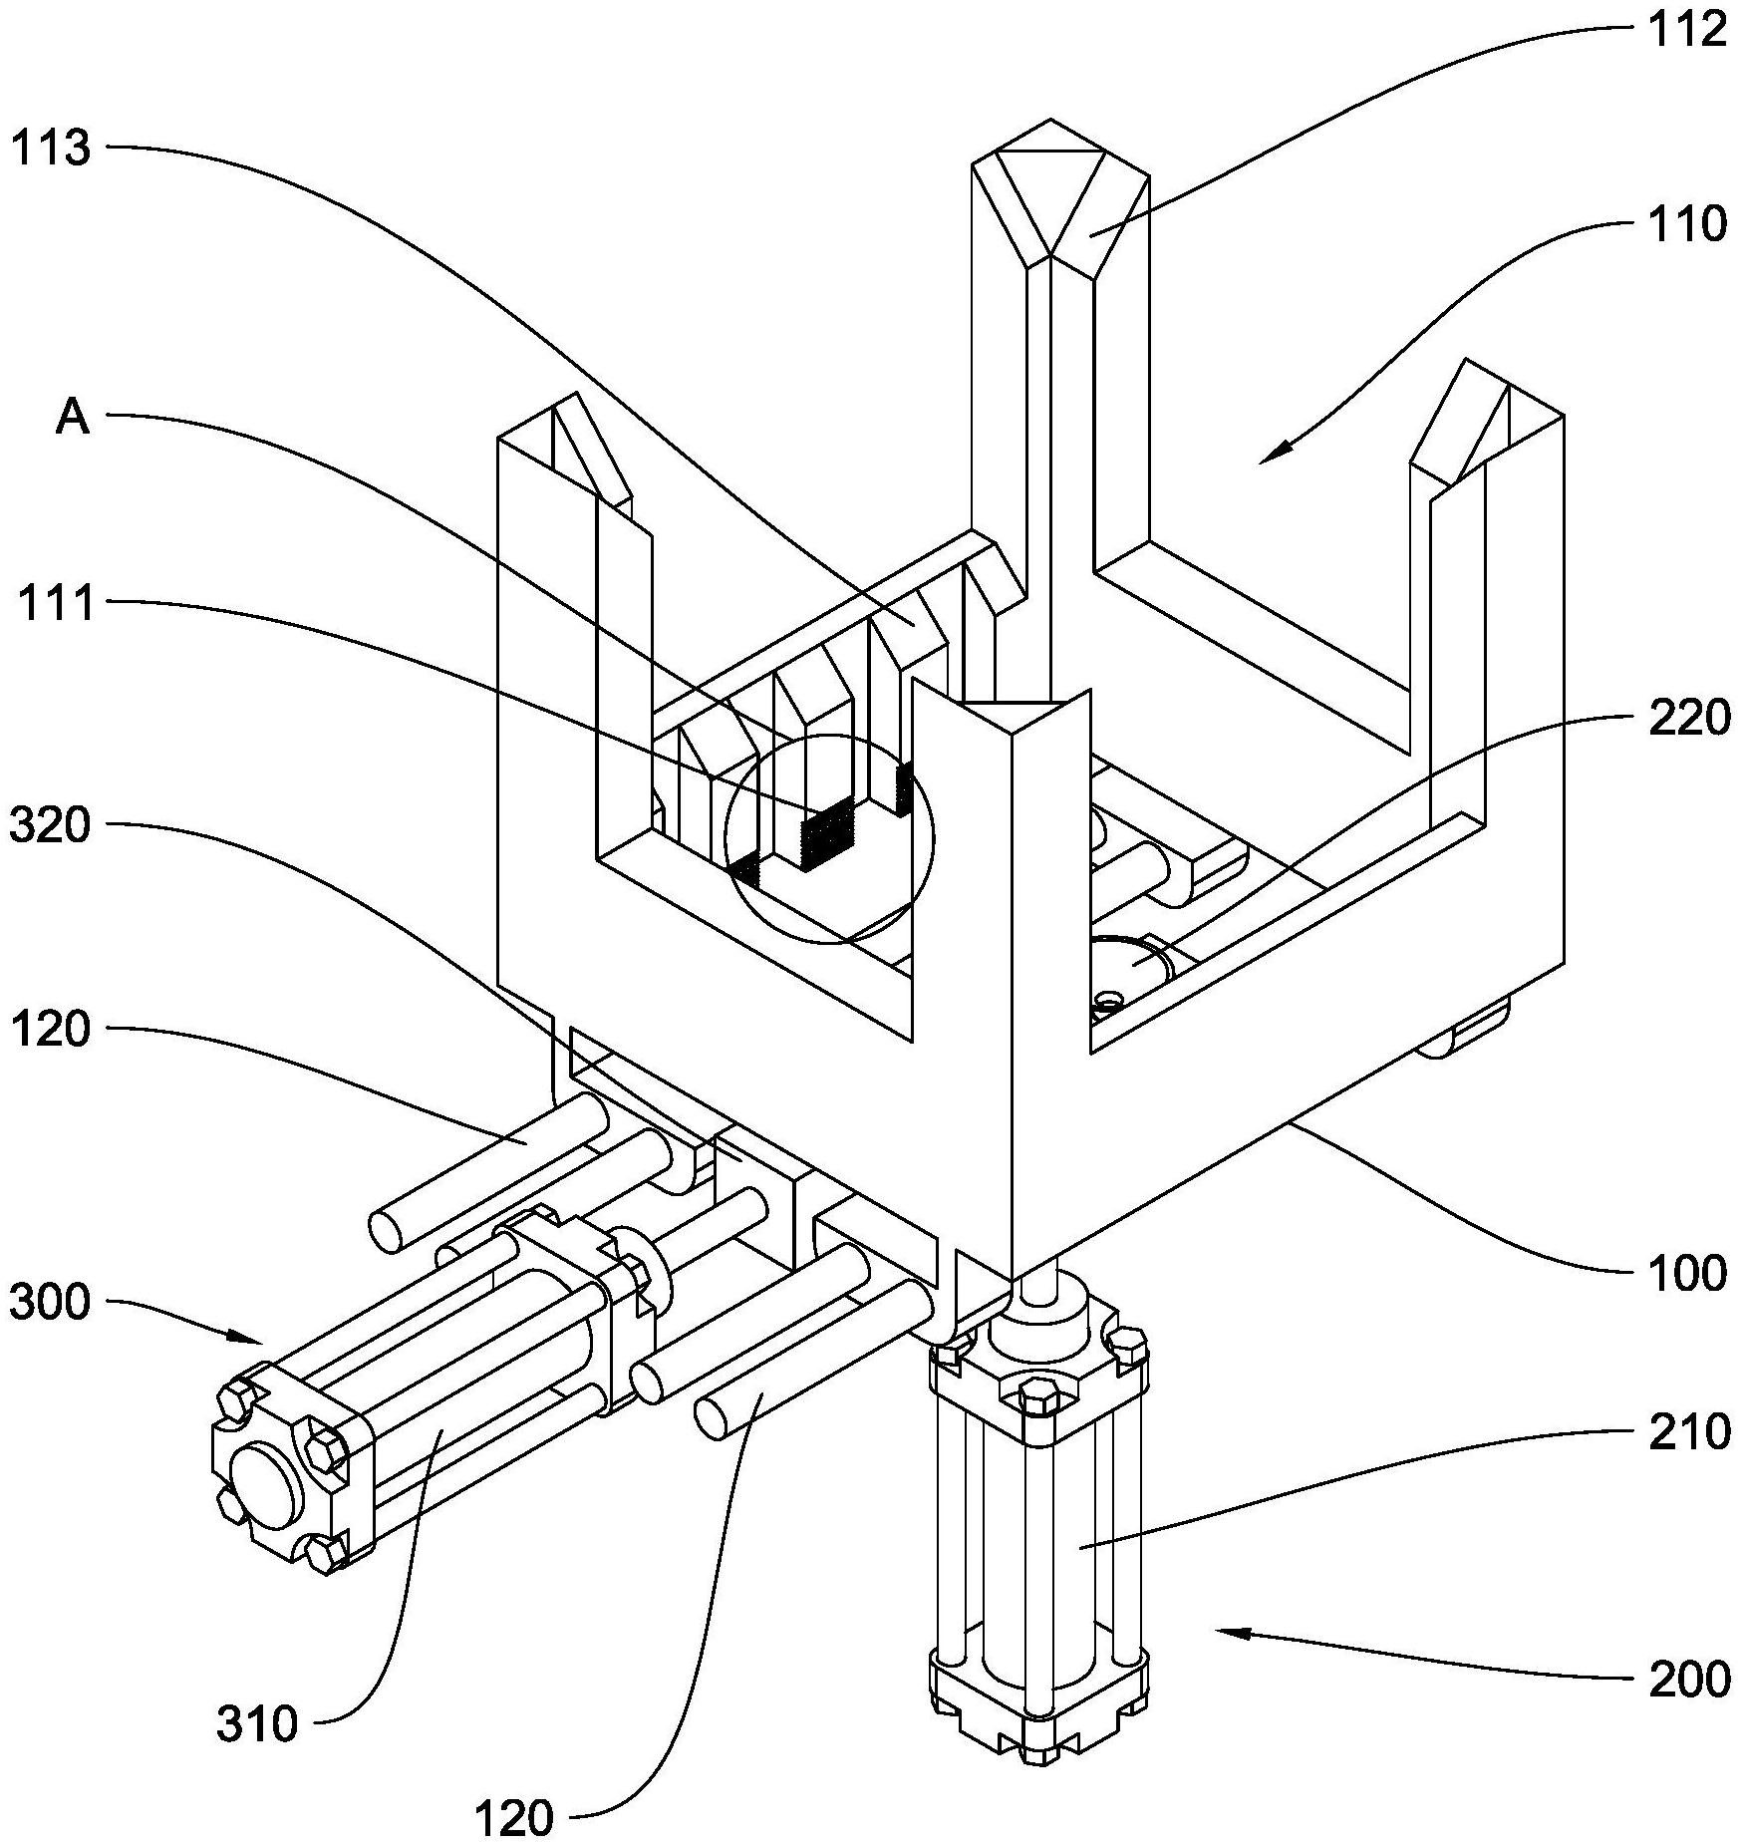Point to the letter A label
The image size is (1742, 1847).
[x=72, y=419]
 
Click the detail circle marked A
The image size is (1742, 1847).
[x=829, y=839]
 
